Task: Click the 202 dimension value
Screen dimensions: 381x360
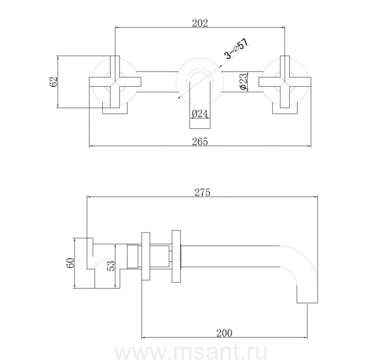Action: tap(200, 23)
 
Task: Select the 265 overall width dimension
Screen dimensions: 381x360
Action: tap(200, 142)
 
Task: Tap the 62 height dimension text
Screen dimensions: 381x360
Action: tap(53, 82)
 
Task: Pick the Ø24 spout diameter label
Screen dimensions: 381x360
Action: tap(199, 113)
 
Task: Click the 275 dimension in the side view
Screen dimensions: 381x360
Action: tap(202, 192)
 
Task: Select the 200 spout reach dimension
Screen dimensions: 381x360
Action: tap(224, 333)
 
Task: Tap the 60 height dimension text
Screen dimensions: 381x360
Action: tap(70, 263)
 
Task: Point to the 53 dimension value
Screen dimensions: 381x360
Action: tap(110, 266)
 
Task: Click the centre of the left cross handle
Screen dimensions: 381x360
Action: tap(115, 82)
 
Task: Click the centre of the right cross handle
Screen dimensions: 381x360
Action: tap(285, 82)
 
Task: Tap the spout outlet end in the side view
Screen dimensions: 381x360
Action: tap(307, 303)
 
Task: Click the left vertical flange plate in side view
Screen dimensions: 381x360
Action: tap(146, 256)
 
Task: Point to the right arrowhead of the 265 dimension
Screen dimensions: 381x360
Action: tap(309, 146)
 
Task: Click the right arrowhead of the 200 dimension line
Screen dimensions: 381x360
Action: tap(305, 338)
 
